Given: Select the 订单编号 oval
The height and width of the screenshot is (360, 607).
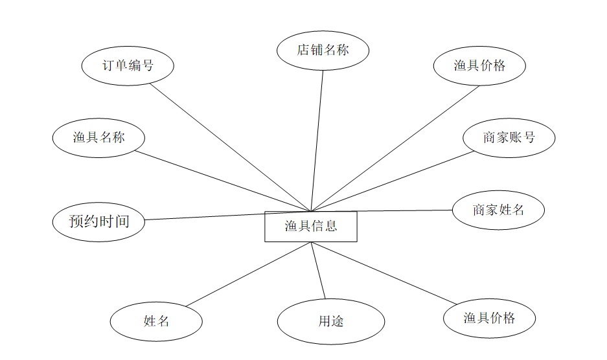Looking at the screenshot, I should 128,65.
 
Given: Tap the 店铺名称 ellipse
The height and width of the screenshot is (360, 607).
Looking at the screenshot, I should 323,50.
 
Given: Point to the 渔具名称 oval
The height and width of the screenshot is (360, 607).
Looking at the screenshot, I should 98,137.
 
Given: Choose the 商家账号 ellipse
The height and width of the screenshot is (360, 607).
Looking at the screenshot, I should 509,137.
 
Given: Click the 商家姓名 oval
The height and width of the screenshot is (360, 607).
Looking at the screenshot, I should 498,210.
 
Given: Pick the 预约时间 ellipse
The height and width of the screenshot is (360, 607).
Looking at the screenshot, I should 98,221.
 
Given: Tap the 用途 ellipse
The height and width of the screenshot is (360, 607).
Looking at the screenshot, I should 330,321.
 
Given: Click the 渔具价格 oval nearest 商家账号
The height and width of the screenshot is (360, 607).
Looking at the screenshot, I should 479,65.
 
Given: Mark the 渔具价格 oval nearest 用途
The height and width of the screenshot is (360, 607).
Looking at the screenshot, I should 489,318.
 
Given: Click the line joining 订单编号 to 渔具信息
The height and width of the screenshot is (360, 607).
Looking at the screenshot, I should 230,148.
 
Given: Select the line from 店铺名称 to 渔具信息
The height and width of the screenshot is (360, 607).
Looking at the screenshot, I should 317,139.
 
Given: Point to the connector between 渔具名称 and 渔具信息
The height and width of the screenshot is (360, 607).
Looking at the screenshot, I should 223,181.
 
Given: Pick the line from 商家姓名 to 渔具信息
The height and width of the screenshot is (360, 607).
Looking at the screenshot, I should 382,210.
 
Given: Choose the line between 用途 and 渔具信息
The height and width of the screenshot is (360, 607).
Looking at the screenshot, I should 318,271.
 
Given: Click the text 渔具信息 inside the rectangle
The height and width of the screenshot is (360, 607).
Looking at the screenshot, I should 310,227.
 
